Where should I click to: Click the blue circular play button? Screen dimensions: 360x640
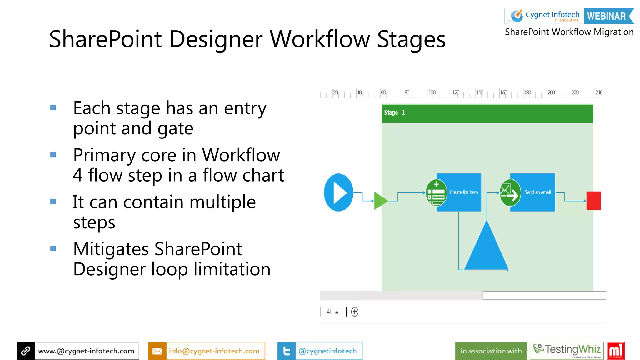(338, 192)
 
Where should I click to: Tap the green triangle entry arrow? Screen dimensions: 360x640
(380, 201)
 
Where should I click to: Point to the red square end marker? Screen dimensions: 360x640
(593, 201)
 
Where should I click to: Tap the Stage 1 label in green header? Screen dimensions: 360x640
(394, 113)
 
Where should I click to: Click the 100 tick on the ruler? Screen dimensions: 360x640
(432, 93)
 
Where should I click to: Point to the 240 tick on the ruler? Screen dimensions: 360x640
(598, 93)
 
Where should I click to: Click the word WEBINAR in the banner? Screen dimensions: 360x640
(606, 16)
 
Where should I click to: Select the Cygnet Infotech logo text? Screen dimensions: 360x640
(552, 15)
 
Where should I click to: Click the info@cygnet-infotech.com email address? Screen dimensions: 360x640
(214, 351)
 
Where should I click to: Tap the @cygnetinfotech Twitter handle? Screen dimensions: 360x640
(327, 351)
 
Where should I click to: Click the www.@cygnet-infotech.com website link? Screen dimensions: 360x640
(86, 351)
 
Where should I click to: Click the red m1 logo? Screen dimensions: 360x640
(615, 351)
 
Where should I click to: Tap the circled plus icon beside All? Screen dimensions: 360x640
(354, 312)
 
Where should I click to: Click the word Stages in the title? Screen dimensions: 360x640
(411, 40)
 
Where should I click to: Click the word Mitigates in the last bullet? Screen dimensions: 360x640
(111, 249)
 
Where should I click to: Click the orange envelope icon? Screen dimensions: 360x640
(157, 351)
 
